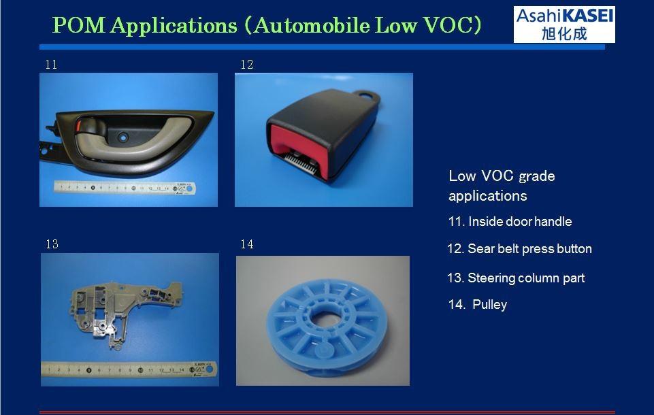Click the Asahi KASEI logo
tap(564, 24)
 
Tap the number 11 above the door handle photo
tap(51, 65)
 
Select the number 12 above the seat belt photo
tap(247, 65)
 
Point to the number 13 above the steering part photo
tap(52, 244)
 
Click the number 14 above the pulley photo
tap(247, 244)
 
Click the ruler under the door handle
tap(125, 188)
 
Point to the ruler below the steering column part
tap(129, 369)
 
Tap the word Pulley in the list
tap(490, 305)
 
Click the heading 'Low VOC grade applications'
tap(502, 186)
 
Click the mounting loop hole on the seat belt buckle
tap(366, 95)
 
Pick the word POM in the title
tap(78, 25)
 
